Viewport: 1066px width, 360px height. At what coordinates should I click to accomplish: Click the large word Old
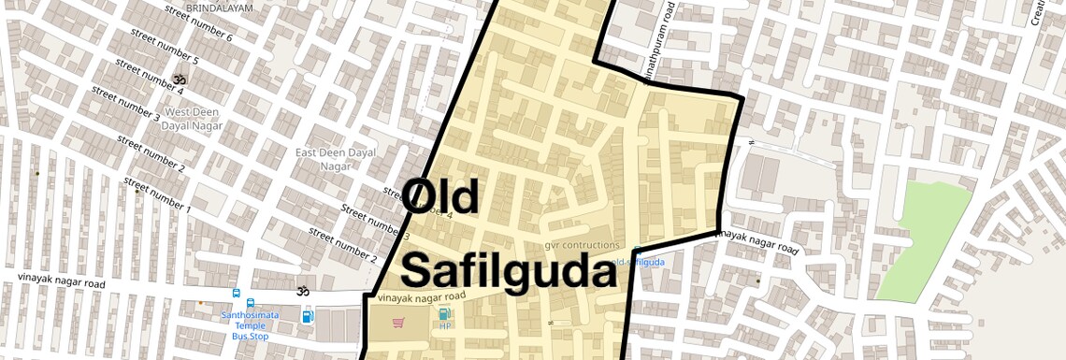click(441, 197)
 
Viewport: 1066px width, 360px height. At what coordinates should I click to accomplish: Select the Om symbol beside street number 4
click(180, 80)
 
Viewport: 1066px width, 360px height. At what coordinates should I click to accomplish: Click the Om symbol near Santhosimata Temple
click(301, 292)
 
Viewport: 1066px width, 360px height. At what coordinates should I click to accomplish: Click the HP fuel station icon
click(444, 318)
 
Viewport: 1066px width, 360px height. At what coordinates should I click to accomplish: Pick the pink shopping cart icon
click(398, 323)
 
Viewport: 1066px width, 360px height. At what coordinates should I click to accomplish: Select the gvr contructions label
click(582, 245)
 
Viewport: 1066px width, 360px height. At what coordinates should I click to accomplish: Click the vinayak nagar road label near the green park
click(756, 242)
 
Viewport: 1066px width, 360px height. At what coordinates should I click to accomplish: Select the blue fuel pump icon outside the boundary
click(308, 315)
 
